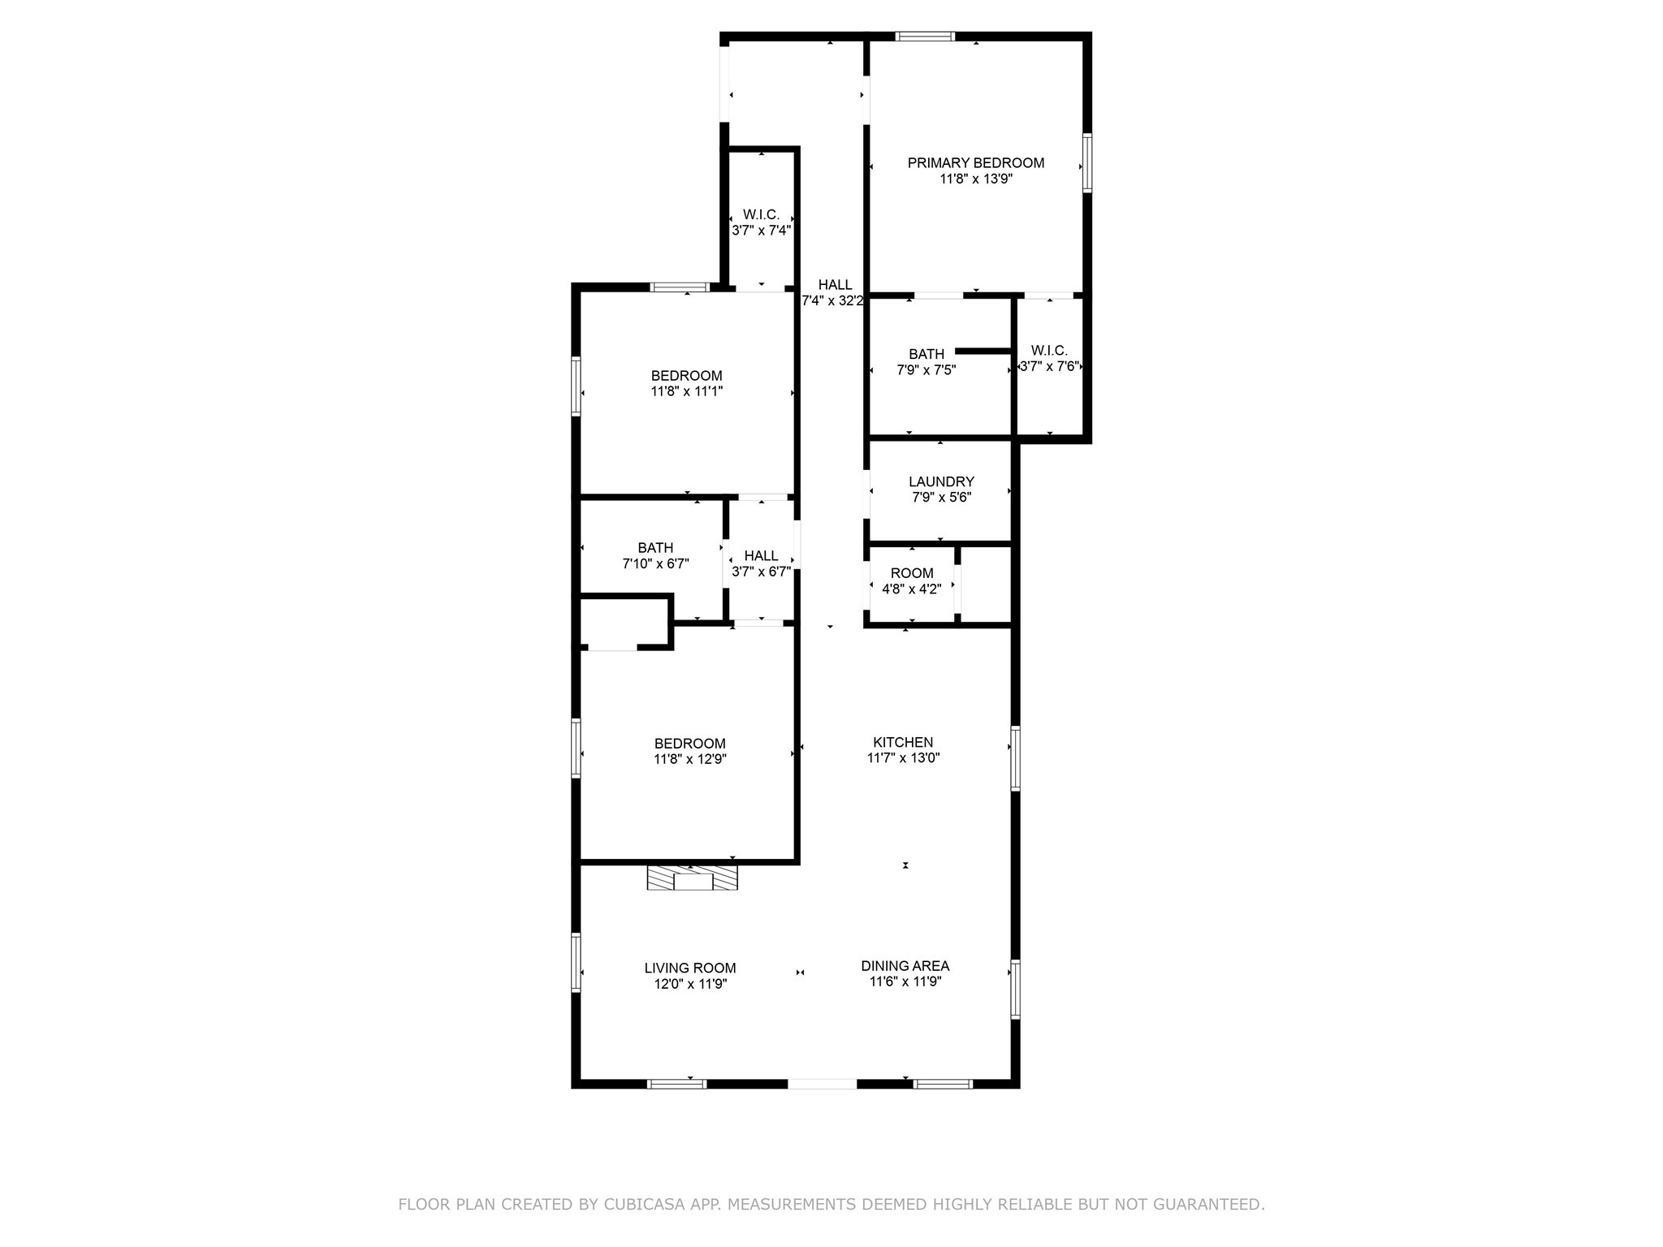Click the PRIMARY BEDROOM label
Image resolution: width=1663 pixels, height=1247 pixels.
pos(975,163)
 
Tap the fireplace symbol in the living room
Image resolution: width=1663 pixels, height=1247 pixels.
pos(692,878)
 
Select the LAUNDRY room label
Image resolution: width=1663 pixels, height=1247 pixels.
pos(941,482)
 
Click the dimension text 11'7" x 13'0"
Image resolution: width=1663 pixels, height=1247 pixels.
pos(903,758)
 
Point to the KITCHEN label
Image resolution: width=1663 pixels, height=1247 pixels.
pos(903,742)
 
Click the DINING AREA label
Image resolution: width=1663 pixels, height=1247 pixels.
pos(905,966)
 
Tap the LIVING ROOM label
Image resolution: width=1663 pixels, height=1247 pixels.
pos(690,969)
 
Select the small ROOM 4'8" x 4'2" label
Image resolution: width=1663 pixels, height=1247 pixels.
pos(911,573)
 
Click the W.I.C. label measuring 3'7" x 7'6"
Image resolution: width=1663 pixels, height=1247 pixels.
pos(1048,351)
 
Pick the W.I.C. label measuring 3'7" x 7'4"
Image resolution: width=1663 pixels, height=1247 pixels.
pos(761,215)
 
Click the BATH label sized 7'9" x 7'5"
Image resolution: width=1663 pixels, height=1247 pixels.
pos(926,355)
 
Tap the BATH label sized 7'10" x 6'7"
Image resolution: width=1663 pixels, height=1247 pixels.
pos(655,549)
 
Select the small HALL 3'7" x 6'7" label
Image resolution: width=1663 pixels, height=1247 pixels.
pos(761,556)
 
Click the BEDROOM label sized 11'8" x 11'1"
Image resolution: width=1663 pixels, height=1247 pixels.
pos(686,376)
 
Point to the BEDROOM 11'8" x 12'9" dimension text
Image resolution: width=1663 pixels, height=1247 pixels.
pos(689,760)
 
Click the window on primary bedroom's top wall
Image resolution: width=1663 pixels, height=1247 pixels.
pos(925,37)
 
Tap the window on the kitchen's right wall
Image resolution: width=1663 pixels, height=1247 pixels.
pos(1015,757)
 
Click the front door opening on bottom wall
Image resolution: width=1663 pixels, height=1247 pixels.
pos(822,1083)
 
